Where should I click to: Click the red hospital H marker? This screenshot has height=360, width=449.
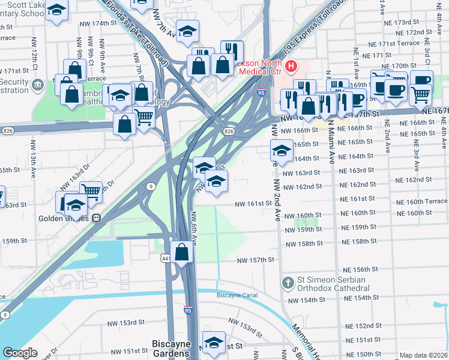tap(291, 66)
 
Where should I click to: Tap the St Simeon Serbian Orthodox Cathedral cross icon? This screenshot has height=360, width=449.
tap(288, 282)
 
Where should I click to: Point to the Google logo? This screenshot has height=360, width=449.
tap(20, 353)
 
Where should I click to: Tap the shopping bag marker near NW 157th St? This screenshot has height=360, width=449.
tap(182, 252)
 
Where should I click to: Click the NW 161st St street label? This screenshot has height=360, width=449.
tap(253, 203)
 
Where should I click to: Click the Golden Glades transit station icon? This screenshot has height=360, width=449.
tap(95, 218)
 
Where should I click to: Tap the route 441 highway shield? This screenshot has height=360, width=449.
tap(166, 258)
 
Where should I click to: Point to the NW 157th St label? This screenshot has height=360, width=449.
tap(255, 260)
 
